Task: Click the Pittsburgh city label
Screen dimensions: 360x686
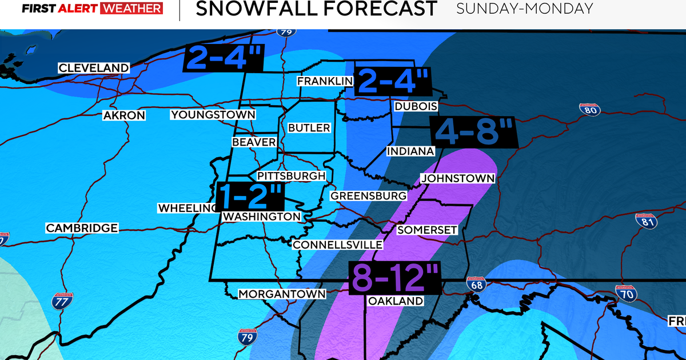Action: [x=291, y=176]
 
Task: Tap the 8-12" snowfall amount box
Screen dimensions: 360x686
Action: [x=394, y=278]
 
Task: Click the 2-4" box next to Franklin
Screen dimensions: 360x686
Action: [x=393, y=81]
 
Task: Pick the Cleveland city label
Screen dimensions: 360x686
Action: [x=94, y=68]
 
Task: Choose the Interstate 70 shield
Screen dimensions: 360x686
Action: [x=625, y=293]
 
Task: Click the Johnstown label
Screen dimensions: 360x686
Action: [x=457, y=178]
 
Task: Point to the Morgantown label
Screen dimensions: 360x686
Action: [x=282, y=294]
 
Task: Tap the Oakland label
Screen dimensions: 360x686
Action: [x=396, y=301]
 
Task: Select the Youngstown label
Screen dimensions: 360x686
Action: [x=213, y=115]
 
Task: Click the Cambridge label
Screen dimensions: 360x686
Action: [x=82, y=228]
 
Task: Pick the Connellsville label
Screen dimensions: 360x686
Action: [x=337, y=245]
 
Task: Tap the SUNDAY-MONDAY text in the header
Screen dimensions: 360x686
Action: [x=524, y=9]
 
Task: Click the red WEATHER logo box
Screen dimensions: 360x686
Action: [x=131, y=9]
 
